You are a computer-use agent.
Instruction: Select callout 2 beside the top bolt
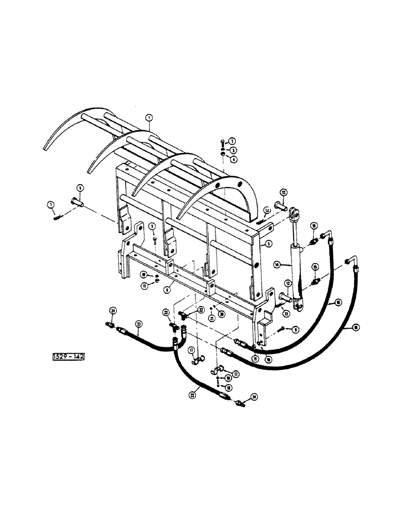(233, 141)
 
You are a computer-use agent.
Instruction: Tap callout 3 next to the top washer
(233, 149)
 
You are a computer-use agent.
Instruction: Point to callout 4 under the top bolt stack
(233, 158)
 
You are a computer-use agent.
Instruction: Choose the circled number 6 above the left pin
(81, 187)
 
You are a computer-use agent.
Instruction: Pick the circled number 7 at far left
(51, 205)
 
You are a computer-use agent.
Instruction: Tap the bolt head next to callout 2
(221, 142)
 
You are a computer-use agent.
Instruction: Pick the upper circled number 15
(314, 226)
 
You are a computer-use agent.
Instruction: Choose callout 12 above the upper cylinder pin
(284, 193)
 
